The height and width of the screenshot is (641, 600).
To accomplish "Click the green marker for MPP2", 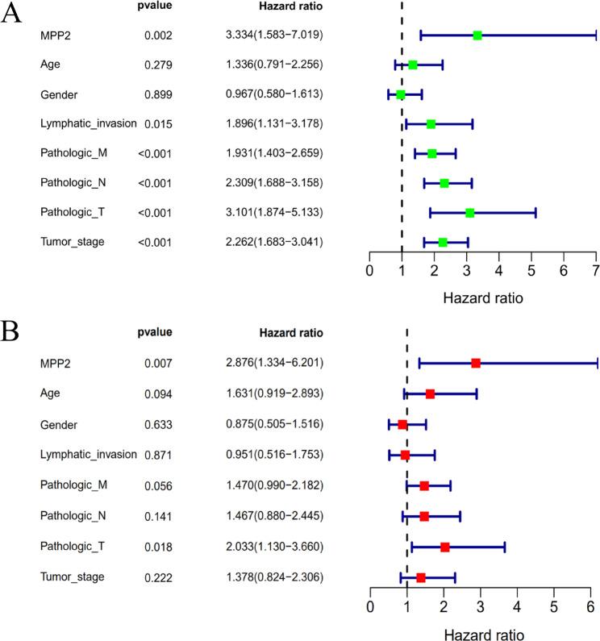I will coord(477,35).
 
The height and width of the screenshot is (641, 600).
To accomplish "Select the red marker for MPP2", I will coord(476,364).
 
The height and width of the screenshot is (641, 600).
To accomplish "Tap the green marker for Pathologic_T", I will coord(470,213).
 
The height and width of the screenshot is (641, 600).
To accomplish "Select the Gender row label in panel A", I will coord(58,94).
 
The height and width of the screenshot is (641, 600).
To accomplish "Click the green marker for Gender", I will coord(401,94).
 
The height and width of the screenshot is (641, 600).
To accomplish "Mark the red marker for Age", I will coord(430,394).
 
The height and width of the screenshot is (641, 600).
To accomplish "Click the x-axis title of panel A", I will coord(482,298).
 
